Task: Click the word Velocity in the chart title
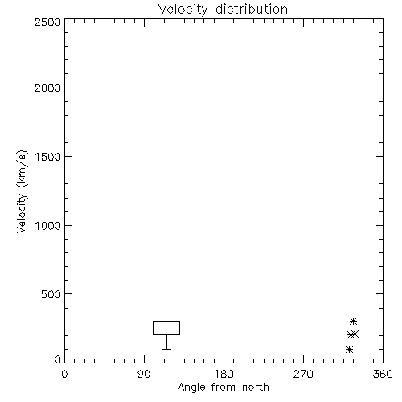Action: [x=183, y=10]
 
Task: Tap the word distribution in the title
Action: [x=252, y=9]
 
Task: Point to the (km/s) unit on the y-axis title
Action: [x=22, y=169]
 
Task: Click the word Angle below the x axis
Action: [x=191, y=388]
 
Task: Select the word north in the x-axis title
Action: [x=256, y=387]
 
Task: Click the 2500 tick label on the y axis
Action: [x=47, y=22]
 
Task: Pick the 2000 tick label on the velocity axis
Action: [x=47, y=88]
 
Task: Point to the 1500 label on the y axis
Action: [x=48, y=157]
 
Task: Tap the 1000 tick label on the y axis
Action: [x=48, y=225]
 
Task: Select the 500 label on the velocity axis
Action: [x=51, y=294]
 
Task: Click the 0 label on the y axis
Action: [x=58, y=359]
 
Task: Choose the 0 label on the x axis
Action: [x=64, y=374]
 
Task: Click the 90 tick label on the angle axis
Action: [x=144, y=374]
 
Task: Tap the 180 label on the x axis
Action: [x=224, y=374]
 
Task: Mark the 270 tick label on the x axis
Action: [x=303, y=374]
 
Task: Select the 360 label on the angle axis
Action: [x=383, y=374]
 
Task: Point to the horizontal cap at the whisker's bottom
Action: [x=166, y=349]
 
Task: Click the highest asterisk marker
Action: [x=353, y=321]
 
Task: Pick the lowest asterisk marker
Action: [x=349, y=349]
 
